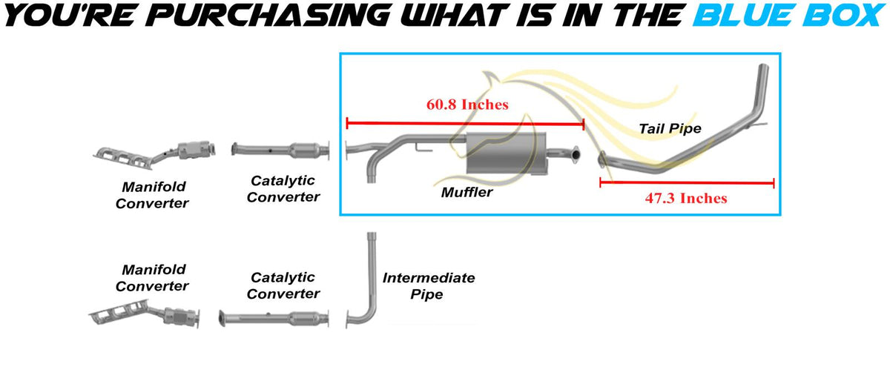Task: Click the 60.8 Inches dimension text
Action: coord(467,105)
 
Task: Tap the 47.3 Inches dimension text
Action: coord(686,198)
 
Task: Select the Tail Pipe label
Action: coord(670,128)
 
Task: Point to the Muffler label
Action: coord(467,192)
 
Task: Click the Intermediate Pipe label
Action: coord(429,285)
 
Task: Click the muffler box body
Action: coord(506,153)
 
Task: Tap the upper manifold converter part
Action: coord(154,154)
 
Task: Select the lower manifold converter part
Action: coord(144,314)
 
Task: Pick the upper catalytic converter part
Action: coord(280,150)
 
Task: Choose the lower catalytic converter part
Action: coord(274,319)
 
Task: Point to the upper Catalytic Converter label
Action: coord(283,189)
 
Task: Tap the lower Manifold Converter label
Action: coord(152,278)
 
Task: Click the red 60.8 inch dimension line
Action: coord(465,124)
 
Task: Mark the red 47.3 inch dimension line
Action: coord(687,183)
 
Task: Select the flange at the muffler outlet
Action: coord(576,154)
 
